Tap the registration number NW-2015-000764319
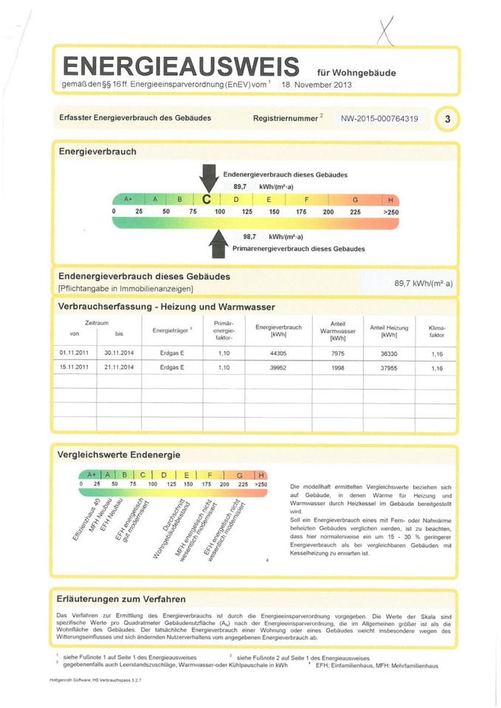[379, 118]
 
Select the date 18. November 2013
[317, 85]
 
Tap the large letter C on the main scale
[207, 200]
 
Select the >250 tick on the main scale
[390, 212]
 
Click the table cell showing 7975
[338, 353]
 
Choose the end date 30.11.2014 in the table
[119, 353]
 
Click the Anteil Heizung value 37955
[388, 367]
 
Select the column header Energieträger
[172, 330]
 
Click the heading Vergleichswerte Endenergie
[119, 455]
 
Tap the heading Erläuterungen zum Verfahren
[121, 599]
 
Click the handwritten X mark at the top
[385, 30]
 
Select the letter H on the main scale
[390, 200]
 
